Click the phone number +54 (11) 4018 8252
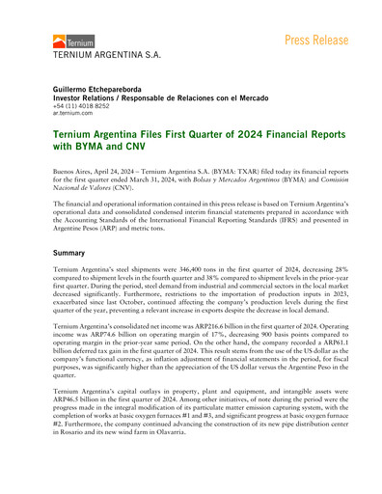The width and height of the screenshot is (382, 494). click(x=85, y=105)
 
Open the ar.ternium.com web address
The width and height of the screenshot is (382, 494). click(x=72, y=113)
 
